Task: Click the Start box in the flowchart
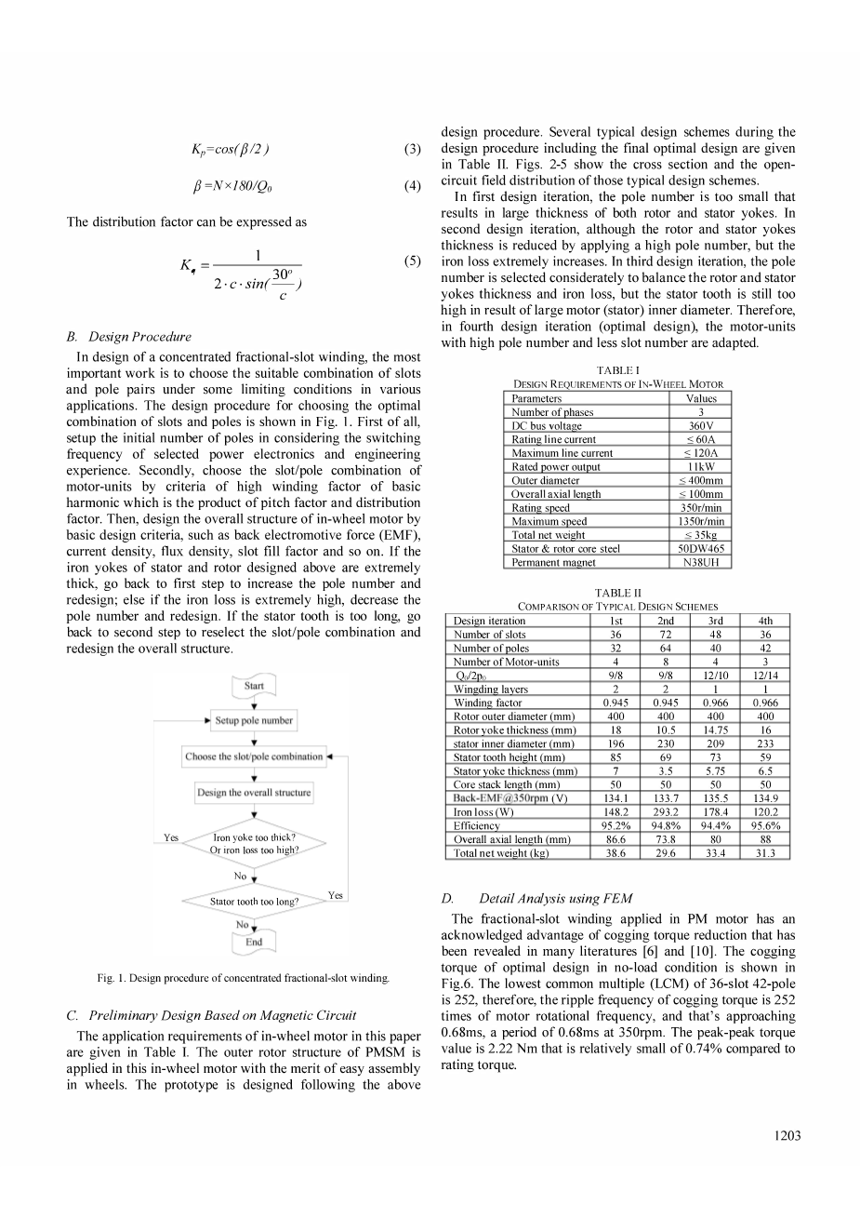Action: pos(254,686)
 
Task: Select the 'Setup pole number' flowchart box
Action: pos(254,720)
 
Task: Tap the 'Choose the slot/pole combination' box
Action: pos(254,756)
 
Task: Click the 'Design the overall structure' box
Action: pos(254,793)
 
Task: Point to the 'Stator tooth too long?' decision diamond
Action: pos(254,901)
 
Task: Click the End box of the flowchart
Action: pos(254,942)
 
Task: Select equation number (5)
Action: pos(413,261)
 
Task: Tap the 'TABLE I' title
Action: pos(617,370)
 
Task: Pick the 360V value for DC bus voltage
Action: pos(701,425)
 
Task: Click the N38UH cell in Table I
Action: pos(701,562)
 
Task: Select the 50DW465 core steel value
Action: pos(701,549)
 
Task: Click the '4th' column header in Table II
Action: pos(765,621)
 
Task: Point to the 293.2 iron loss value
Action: pos(666,812)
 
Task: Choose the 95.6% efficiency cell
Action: pos(765,825)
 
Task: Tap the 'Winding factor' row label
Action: pos(487,703)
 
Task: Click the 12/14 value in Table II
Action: pos(765,676)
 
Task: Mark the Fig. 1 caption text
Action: pos(244,978)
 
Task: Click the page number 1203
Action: pos(786,1135)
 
